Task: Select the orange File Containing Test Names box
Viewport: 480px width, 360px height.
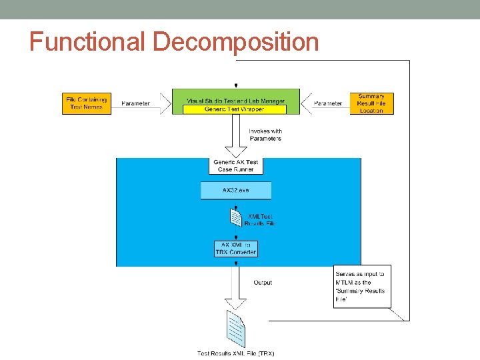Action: point(86,103)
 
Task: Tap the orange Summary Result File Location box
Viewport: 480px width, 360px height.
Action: point(371,103)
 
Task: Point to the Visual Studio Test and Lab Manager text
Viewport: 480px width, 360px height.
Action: point(236,101)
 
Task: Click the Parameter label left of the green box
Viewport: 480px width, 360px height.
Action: point(136,103)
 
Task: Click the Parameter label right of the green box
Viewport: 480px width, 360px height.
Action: point(328,103)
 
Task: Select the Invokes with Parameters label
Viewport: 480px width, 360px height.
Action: point(265,135)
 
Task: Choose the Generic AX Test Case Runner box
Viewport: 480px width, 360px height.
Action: point(236,166)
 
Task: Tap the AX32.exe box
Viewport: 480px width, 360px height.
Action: point(236,190)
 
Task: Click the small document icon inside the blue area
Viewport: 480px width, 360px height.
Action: point(235,217)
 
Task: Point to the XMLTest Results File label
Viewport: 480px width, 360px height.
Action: point(260,219)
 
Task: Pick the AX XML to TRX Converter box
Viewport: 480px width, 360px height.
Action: point(236,249)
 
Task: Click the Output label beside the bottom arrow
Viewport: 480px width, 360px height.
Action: point(263,283)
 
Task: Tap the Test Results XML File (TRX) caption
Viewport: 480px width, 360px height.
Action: point(235,353)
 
